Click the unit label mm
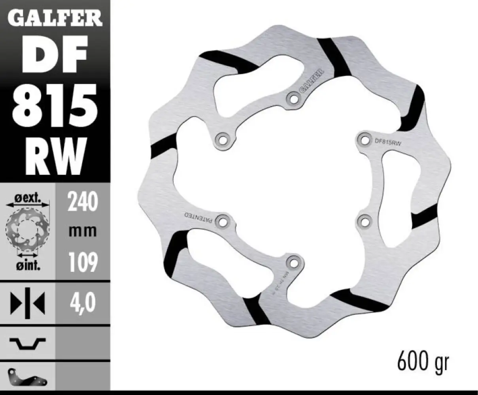click(x=82, y=231)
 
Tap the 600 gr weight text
click(x=423, y=362)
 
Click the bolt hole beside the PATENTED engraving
click(x=223, y=220)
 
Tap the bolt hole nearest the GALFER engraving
click(x=293, y=99)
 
